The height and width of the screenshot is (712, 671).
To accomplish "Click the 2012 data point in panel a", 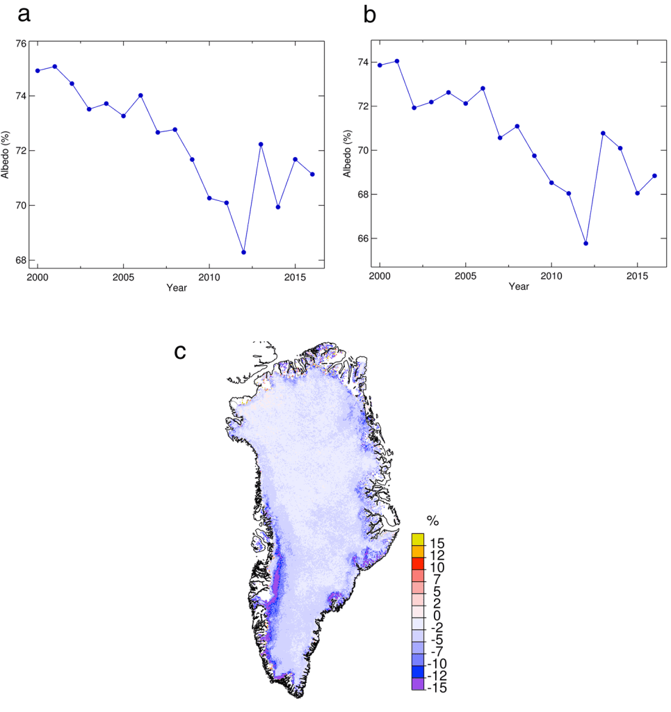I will (x=243, y=252).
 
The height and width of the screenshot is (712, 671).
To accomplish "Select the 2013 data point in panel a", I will (x=261, y=144).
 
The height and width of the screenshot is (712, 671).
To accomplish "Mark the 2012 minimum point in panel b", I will (x=586, y=243).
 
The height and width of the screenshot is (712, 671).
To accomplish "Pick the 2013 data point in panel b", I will (x=603, y=133).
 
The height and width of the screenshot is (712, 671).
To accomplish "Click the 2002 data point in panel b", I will (x=414, y=108).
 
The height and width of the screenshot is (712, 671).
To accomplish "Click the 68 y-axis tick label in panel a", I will (x=22, y=261).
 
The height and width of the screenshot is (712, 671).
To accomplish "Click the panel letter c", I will (x=180, y=352).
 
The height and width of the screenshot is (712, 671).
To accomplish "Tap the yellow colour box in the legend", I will (x=418, y=539).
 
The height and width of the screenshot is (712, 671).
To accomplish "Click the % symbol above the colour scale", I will (x=433, y=520).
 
